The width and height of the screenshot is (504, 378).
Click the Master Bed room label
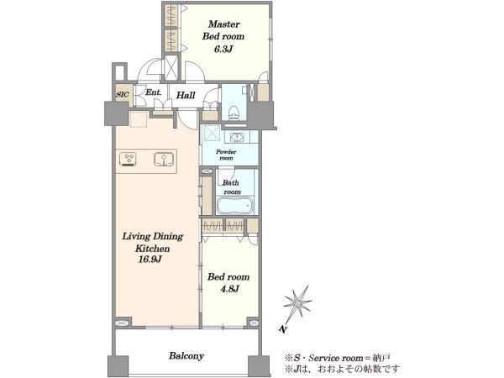click(x=223, y=30)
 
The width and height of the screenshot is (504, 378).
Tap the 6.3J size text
click(x=223, y=50)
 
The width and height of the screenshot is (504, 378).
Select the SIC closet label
click(x=122, y=94)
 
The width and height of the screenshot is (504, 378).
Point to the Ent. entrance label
click(x=154, y=92)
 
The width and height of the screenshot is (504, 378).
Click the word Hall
click(x=186, y=95)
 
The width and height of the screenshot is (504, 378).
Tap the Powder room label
click(x=226, y=155)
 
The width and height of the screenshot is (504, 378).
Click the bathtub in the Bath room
click(x=235, y=206)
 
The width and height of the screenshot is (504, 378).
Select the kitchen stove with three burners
click(x=129, y=160)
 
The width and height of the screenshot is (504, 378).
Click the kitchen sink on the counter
click(x=164, y=159)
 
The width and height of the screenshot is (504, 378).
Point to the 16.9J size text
click(x=150, y=260)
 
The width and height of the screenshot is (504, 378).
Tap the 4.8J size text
click(x=229, y=289)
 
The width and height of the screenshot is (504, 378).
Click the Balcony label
click(x=186, y=356)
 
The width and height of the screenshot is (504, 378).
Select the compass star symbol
click(x=297, y=303)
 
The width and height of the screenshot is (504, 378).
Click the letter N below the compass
click(x=282, y=329)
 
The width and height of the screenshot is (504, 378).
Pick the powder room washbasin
click(x=237, y=138)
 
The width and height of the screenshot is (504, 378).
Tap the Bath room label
click(x=232, y=187)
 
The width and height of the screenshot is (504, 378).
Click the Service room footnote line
click(x=338, y=357)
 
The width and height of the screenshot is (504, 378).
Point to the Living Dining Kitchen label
click(x=153, y=243)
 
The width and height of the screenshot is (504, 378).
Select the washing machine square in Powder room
click(x=211, y=134)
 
